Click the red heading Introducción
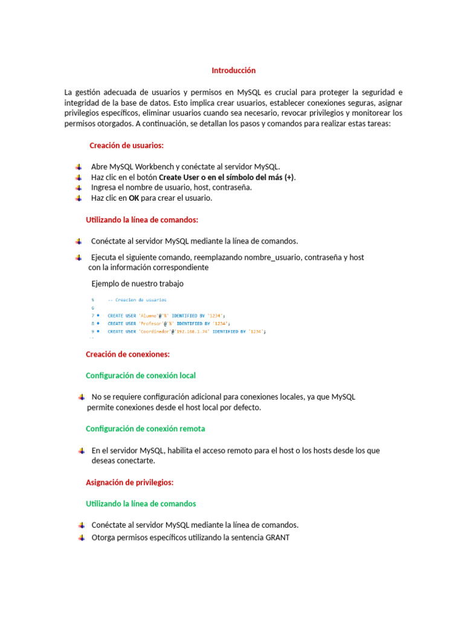[x=233, y=71]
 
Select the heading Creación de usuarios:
[x=126, y=146]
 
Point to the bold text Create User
[x=179, y=177]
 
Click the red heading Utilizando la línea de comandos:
[x=142, y=219]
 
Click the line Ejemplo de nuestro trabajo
[x=137, y=284]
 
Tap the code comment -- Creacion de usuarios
[x=137, y=300]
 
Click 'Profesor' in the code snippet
[x=153, y=323]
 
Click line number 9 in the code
[x=93, y=332]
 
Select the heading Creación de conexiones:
[x=127, y=354]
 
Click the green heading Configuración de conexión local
[x=141, y=375]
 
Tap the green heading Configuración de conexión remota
[x=145, y=429]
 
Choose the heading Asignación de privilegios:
[x=129, y=482]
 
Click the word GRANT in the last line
[x=277, y=537]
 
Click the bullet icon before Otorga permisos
[x=80, y=537]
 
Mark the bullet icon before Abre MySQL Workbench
[x=79, y=167]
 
